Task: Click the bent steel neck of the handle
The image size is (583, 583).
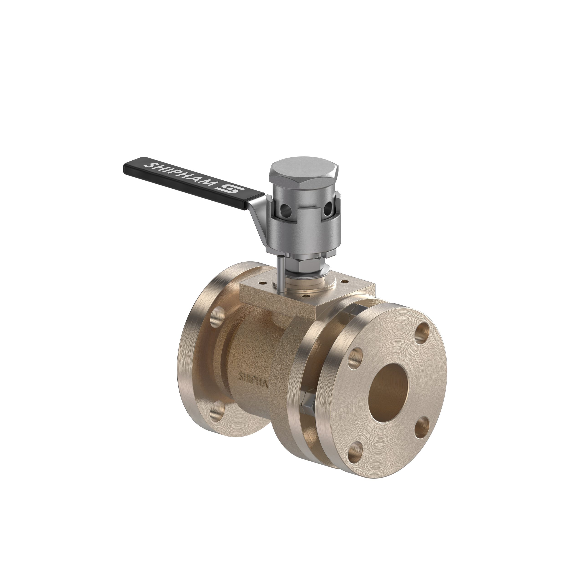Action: pos(256,220)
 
